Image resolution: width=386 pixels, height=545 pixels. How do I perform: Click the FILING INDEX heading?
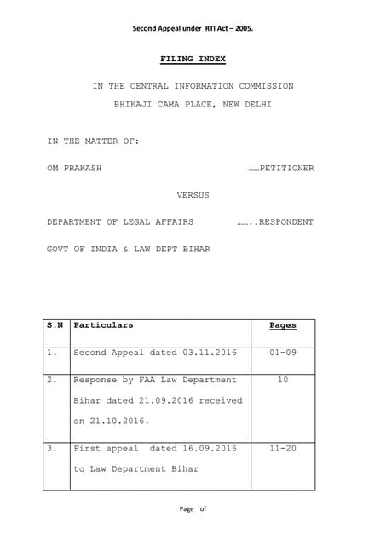[193, 59]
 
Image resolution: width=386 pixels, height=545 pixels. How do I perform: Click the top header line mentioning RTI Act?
[193, 28]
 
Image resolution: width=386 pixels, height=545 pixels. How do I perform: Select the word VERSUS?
[193, 195]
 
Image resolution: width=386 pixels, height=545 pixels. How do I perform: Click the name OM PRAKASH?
[74, 168]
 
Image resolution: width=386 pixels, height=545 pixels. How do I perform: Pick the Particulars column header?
[103, 325]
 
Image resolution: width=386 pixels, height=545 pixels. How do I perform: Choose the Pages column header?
[282, 325]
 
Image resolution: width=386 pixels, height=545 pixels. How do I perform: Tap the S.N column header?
[55, 325]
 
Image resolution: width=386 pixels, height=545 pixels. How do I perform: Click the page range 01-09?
[282, 352]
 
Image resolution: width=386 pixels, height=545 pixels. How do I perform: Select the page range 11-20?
[282, 448]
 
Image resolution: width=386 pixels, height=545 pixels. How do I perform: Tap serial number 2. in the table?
[53, 380]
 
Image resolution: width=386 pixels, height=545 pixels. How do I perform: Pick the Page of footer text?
[193, 509]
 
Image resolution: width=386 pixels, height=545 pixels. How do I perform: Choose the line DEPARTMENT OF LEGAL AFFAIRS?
[120, 222]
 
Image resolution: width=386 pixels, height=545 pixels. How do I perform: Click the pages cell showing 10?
[282, 380]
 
